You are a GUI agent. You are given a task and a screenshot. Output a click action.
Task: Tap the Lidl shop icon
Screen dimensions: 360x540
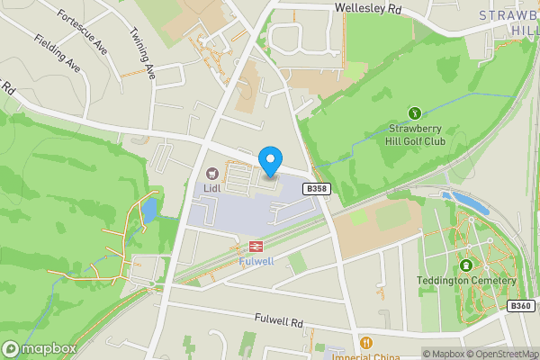pyautogui.click(x=212, y=173)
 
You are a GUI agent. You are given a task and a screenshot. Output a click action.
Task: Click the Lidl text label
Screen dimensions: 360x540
pyautogui.click(x=212, y=188)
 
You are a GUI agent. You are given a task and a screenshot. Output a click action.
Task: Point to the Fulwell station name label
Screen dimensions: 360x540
pyautogui.click(x=256, y=261)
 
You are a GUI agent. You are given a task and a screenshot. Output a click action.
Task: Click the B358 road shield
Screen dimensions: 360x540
pyautogui.click(x=314, y=189)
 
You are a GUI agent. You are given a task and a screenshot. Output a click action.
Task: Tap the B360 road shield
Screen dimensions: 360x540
pyautogui.click(x=520, y=306)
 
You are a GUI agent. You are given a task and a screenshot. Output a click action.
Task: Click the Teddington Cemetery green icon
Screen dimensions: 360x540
pyautogui.click(x=466, y=265)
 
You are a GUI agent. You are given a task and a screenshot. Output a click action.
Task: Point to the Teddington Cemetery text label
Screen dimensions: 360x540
pyautogui.click(x=466, y=281)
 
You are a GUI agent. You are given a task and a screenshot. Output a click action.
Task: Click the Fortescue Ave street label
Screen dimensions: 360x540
pyautogui.click(x=81, y=32)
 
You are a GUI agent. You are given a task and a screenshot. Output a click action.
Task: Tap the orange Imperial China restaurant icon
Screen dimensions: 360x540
pyautogui.click(x=365, y=342)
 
